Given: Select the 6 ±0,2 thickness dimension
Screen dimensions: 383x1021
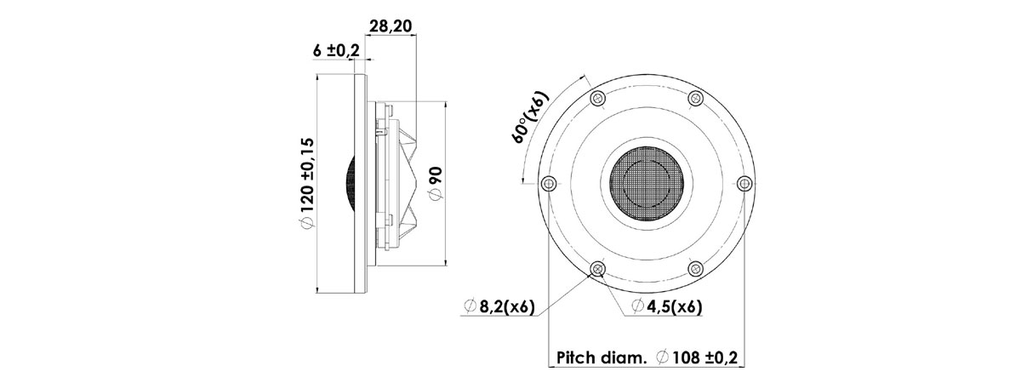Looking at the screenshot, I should click(336, 51).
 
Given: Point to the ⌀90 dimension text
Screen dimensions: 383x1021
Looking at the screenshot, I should click(435, 183).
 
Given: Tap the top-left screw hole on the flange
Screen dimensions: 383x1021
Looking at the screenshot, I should click(597, 98).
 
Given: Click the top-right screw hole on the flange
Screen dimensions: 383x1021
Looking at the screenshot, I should click(695, 98).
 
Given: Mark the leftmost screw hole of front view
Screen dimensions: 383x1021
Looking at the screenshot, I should click(549, 183).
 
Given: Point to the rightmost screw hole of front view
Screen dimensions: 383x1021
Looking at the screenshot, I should click(744, 183).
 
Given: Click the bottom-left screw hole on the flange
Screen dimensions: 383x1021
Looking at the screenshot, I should click(597, 269).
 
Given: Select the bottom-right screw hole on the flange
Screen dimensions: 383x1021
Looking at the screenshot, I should click(695, 269).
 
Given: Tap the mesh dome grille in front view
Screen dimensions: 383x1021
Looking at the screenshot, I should click(647, 183).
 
